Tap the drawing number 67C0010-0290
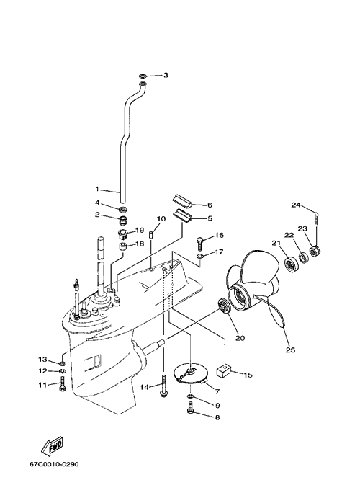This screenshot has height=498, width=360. pyautogui.click(x=54, y=464)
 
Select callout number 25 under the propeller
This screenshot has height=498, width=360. pyautogui.click(x=291, y=350)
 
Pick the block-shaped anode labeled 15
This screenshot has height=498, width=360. pyautogui.click(x=223, y=370)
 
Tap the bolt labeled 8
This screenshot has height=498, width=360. pyautogui.click(x=190, y=407)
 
